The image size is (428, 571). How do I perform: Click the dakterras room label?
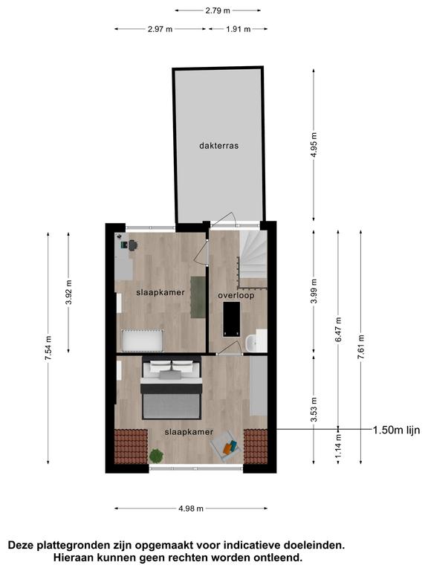click(x=218, y=146)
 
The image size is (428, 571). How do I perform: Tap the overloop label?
click(x=236, y=295)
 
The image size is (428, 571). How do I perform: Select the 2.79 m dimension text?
click(x=218, y=10)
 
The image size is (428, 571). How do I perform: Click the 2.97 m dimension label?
click(x=160, y=29)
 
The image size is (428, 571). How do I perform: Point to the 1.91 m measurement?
click(x=238, y=29)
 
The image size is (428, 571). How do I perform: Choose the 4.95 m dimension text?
click(x=314, y=144)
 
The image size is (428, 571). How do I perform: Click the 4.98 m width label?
click(x=191, y=509)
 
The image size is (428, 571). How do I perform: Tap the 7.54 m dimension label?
click(x=48, y=348)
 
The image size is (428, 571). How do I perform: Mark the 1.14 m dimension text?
click(x=338, y=446)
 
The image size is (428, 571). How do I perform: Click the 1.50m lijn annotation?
click(x=396, y=430)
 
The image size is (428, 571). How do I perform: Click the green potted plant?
click(x=156, y=456)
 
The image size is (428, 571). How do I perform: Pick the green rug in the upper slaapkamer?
click(x=198, y=297)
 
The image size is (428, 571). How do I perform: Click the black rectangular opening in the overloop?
click(x=232, y=320)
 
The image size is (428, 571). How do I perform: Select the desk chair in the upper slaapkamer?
click(x=132, y=245)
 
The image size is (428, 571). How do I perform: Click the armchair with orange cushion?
click(x=226, y=446)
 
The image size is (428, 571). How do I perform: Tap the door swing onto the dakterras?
click(x=225, y=219)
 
